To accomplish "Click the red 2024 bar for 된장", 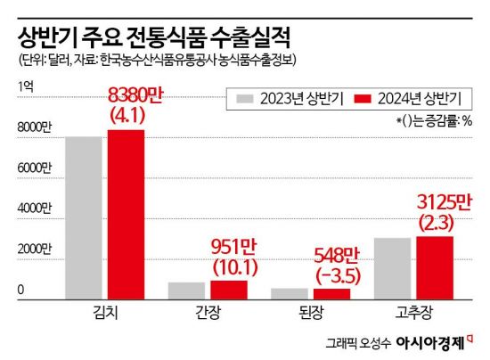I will coord(331,293).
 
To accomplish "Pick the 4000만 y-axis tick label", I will coord(34,209).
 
